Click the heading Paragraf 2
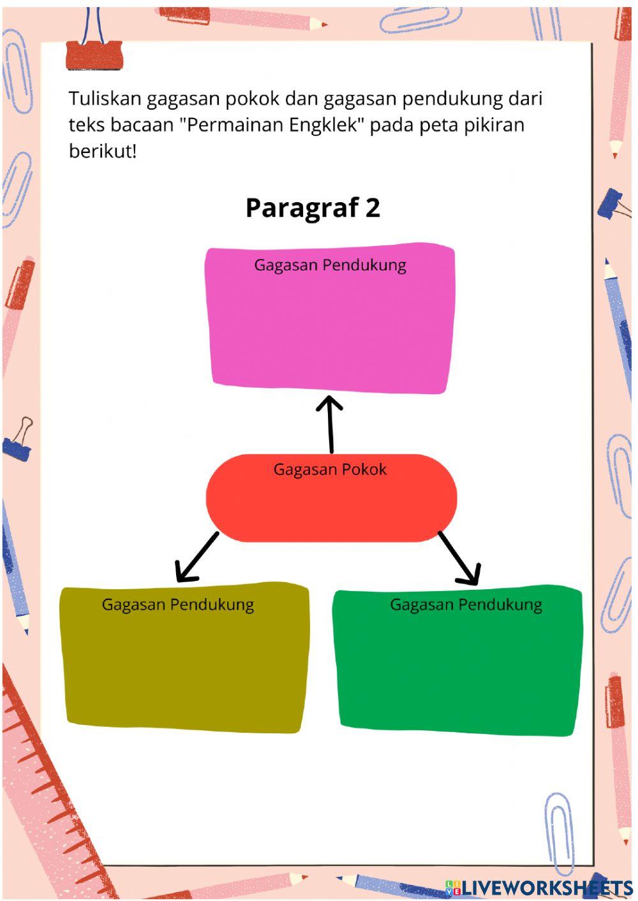pyautogui.click(x=313, y=208)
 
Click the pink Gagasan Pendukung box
pyautogui.click(x=330, y=325)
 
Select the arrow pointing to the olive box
pyautogui.click(x=197, y=558)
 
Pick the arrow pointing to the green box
pyautogui.click(x=459, y=558)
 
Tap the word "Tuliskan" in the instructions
pyautogui.click(x=105, y=99)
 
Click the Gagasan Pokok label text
pyautogui.click(x=330, y=470)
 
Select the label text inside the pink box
pyautogui.click(x=330, y=265)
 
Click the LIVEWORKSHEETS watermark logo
pyautogui.click(x=539, y=887)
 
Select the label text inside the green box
pyautogui.click(x=466, y=604)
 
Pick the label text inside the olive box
pyautogui.click(x=178, y=604)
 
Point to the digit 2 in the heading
pyautogui.click(x=373, y=208)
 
